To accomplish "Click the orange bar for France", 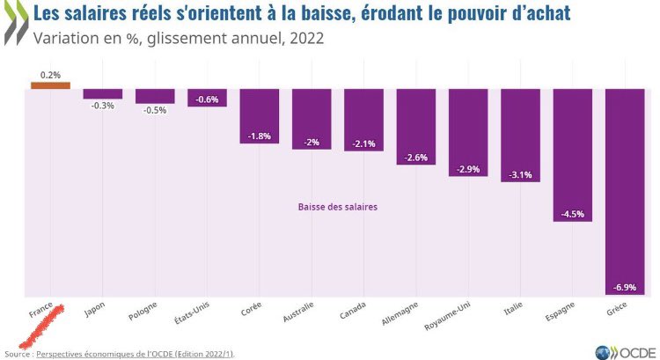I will [50, 85].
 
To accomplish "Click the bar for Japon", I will [103, 93].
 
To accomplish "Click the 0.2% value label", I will [50, 75].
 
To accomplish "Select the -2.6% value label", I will [417, 158].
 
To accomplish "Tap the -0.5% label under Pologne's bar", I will [155, 110].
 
